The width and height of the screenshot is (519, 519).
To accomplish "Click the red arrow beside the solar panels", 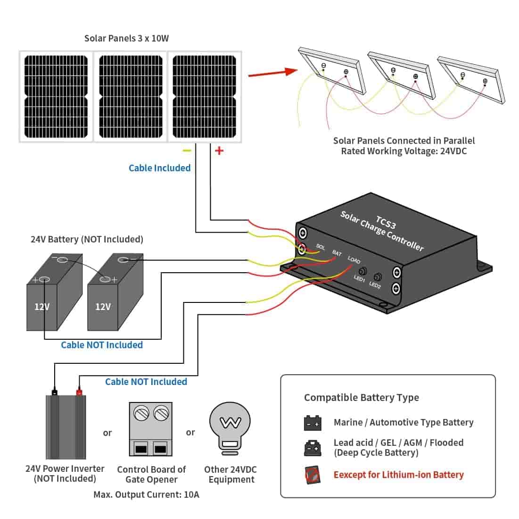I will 272,74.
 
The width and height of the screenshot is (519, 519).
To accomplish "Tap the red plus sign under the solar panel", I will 219,151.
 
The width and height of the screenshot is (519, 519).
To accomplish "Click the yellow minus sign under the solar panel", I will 187,151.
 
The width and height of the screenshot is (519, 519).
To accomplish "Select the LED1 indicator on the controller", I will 362,272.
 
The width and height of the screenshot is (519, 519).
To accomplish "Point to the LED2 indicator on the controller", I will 378,277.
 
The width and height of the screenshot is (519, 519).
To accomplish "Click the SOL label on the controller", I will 321,247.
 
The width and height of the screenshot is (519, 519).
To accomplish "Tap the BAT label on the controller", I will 337,253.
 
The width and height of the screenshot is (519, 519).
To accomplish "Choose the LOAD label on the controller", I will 354,259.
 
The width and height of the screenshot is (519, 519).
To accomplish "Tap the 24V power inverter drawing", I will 66,427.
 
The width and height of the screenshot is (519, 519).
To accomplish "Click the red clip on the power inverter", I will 79,391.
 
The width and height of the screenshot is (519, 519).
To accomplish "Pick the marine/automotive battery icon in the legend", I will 313,423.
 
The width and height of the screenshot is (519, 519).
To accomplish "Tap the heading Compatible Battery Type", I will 361,397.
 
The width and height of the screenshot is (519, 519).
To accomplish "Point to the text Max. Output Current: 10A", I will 146,495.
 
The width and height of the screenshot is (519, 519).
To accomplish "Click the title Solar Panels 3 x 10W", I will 126,38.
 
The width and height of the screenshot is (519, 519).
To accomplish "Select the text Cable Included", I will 159,168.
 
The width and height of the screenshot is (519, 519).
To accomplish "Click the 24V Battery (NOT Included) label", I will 87,239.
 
